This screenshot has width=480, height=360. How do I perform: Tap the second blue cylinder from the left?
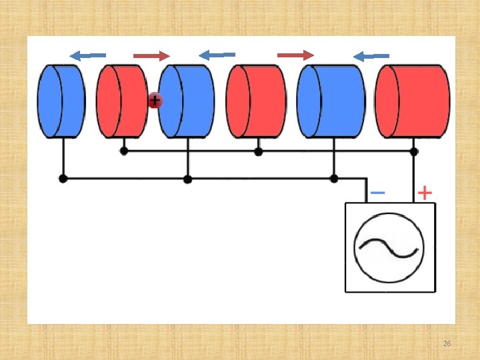(x=187, y=101)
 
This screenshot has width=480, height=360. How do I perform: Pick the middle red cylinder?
(x=257, y=101)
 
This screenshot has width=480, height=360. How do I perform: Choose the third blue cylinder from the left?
(x=331, y=101)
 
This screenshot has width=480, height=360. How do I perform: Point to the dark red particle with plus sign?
(x=155, y=101)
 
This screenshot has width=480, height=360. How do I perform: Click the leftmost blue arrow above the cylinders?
(x=88, y=55)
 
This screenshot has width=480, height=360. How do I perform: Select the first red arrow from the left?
(x=151, y=55)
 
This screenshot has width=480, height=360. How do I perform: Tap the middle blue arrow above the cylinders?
(x=217, y=55)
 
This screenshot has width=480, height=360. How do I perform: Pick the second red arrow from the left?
(x=295, y=55)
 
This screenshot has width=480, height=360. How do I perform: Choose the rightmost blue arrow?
(x=371, y=56)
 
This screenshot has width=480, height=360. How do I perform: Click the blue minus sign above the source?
(x=377, y=193)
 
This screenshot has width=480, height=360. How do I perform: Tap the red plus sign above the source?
(x=425, y=193)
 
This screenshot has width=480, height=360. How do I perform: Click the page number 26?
(x=447, y=343)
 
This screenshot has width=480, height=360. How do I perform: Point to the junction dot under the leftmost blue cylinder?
(x=63, y=179)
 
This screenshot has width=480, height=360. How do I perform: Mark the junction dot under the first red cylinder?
(x=124, y=151)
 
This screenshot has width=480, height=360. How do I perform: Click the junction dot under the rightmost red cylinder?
(x=414, y=151)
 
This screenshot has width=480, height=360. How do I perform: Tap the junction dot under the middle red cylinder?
(x=259, y=151)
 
